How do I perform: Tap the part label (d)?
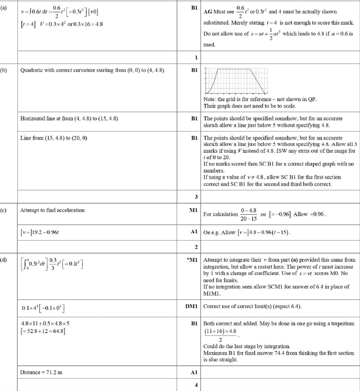point(4,260)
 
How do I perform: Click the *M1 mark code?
point(192,260)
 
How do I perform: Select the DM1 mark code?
point(191,306)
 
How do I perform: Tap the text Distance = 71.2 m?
point(41,372)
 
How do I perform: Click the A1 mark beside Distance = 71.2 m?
point(194,372)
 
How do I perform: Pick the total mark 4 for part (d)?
point(196,385)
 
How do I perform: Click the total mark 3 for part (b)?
point(196,197)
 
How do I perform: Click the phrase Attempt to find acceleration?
point(52,210)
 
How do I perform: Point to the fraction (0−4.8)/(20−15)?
point(249,214)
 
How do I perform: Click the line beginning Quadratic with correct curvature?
point(93,70)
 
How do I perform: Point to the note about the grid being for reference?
point(260,99)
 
